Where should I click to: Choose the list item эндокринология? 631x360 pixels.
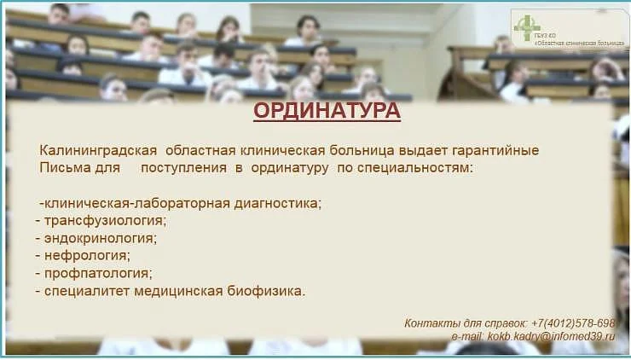tap(101, 238)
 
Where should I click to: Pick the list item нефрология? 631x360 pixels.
tap(87, 255)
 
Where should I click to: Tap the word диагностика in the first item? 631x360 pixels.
tap(281, 203)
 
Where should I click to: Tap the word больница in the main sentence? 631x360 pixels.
tap(384, 151)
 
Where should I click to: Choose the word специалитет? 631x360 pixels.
tap(86, 291)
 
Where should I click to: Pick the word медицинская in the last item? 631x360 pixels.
tap(180, 291)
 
